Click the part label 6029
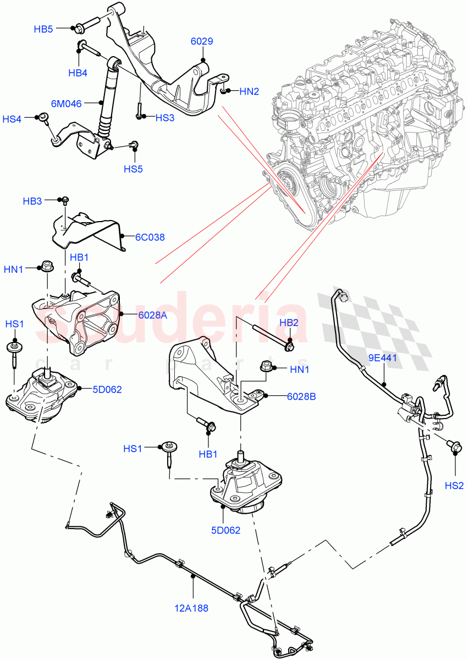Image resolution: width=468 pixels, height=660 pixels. [x=202, y=42]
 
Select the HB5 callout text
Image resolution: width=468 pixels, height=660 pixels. [x=43, y=29]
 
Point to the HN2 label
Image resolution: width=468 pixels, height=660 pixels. [x=249, y=91]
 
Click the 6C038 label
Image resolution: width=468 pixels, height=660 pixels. [x=151, y=238]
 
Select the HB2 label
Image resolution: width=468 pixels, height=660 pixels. [x=289, y=322]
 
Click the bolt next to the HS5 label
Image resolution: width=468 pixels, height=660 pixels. [x=133, y=145]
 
